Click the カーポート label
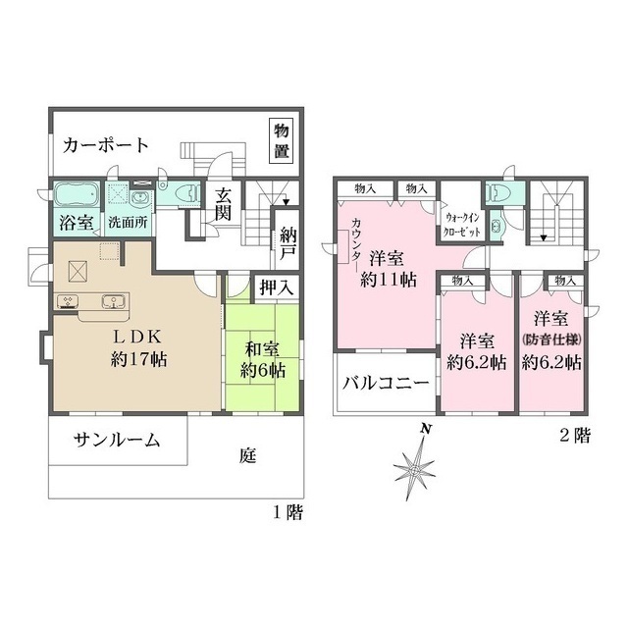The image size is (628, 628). point(106,145)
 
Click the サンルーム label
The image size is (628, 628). point(117,441)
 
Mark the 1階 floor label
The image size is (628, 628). point(288,512)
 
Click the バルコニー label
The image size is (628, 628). point(386,383)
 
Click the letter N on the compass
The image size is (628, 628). point(425,428)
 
